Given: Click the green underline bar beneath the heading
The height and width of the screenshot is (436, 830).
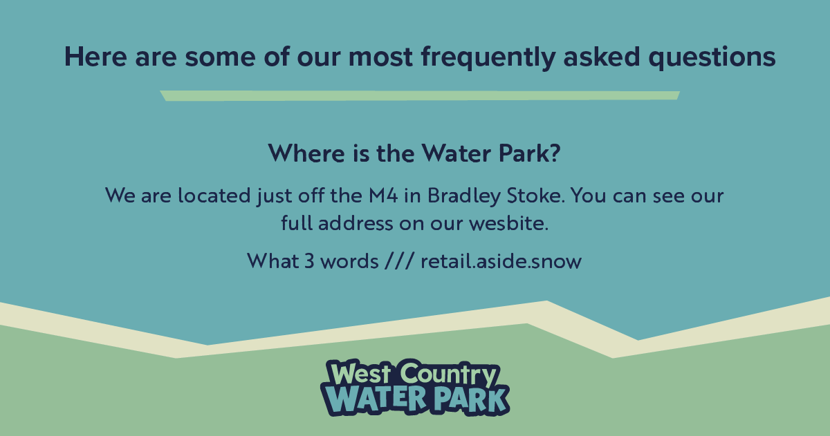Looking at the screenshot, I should pos(420,95).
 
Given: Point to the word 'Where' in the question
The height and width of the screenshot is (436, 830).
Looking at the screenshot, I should pos(303,153).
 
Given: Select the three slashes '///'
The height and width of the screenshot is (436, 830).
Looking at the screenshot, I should pos(399,262).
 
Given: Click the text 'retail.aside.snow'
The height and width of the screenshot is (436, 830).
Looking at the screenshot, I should pos(501,262).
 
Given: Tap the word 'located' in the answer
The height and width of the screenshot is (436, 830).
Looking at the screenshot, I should pos(199,196).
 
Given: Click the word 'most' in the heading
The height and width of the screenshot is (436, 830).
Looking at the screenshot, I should pos(383,58).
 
